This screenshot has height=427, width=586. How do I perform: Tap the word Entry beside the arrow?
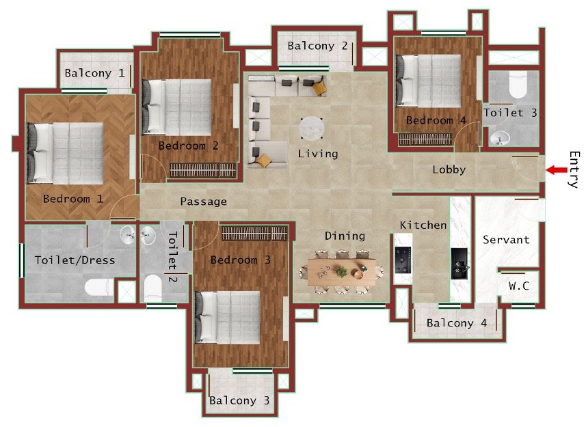(573, 169)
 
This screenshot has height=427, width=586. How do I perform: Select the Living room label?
(318, 154)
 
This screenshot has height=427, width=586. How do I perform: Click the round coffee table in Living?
(312, 128)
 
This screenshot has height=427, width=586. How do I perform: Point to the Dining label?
(345, 236)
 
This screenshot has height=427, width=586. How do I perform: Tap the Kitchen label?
(423, 225)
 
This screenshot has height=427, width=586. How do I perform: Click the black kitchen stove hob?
(402, 260)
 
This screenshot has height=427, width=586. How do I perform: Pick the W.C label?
(519, 286)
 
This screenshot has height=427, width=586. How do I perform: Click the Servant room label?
(506, 240)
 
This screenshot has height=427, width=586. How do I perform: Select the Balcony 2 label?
(317, 46)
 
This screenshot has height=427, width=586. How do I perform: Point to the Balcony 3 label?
(239, 400)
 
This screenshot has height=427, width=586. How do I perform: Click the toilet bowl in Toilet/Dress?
(99, 287)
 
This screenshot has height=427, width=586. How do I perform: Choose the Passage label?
(203, 202)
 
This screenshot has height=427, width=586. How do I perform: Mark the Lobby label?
(449, 169)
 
